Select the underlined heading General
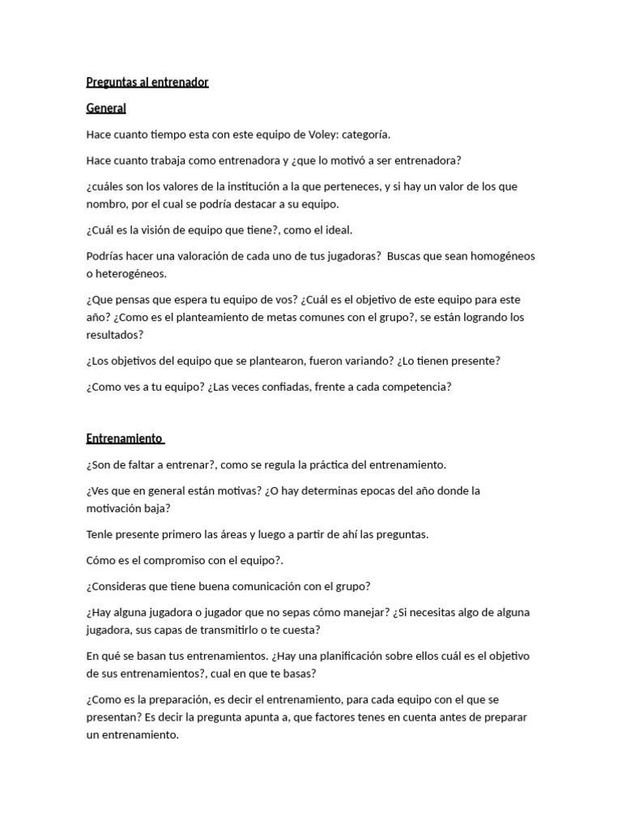106,108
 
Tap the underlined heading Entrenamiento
125,439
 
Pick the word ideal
337,229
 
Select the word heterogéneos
132,273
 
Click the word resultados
114,334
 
